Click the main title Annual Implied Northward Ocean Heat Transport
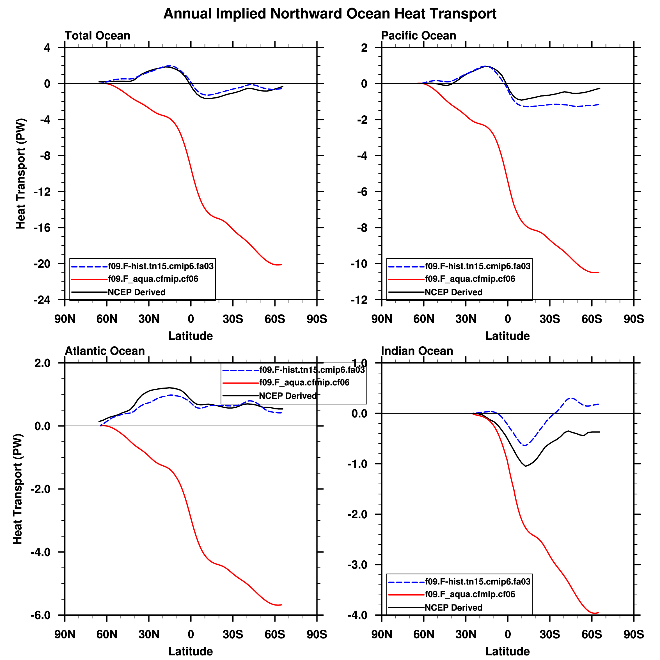(330, 14)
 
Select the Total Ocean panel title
(97, 36)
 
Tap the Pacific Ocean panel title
(418, 36)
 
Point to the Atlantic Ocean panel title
(105, 351)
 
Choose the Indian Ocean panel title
(417, 351)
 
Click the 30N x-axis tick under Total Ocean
(149, 319)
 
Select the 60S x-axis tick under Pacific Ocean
(592, 319)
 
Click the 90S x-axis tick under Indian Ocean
(634, 634)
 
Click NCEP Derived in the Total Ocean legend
(137, 292)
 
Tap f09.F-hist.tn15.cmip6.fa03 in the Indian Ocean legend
(478, 581)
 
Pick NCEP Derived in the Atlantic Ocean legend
(288, 396)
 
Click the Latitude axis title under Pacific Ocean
(507, 336)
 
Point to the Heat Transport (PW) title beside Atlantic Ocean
(18, 489)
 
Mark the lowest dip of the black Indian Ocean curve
(525, 466)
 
